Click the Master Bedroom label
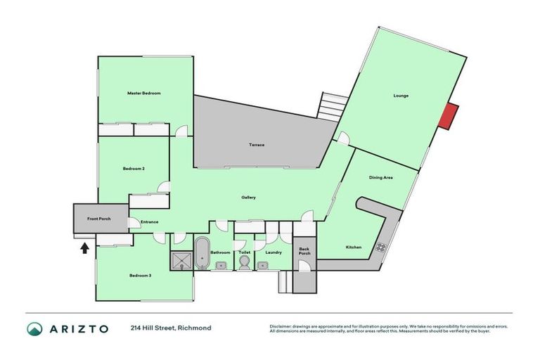coord(144,93)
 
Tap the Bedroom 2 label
coord(134,169)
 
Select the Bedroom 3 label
coord(140,276)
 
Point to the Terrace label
coord(257,145)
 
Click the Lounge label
coord(401,96)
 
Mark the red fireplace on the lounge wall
coord(448,116)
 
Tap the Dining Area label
coord(380,178)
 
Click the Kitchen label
coord(353,247)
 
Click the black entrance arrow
coord(84,247)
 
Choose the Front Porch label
coord(99,219)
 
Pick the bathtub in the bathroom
coord(202,252)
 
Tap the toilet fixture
coord(244,262)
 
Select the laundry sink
coord(263,266)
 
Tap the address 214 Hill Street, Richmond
coord(170,328)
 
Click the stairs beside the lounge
coord(329,106)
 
